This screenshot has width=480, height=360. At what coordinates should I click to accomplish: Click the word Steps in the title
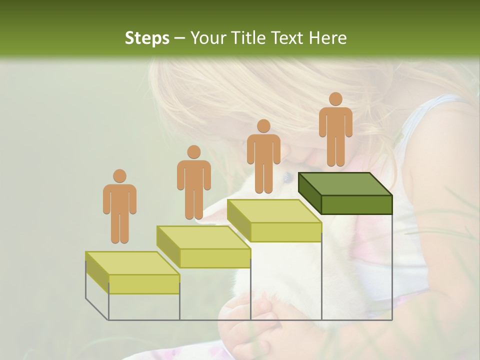[x=147, y=38]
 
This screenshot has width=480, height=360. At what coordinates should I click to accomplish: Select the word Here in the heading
[x=327, y=38]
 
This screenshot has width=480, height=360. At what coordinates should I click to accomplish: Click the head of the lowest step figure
[x=119, y=176]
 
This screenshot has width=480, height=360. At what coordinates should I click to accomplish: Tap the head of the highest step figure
[x=335, y=99]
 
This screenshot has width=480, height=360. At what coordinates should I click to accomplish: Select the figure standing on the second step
[x=193, y=182]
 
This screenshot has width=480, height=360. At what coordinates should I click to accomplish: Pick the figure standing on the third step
[x=263, y=156]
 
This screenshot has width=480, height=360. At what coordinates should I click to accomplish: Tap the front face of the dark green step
[x=356, y=204]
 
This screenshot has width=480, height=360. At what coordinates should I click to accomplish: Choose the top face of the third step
[x=274, y=211]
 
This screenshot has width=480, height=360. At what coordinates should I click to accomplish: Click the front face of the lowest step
[x=144, y=284]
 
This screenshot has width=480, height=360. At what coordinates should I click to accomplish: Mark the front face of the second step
[x=215, y=257]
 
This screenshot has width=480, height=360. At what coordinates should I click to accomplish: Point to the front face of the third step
[x=285, y=232]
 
